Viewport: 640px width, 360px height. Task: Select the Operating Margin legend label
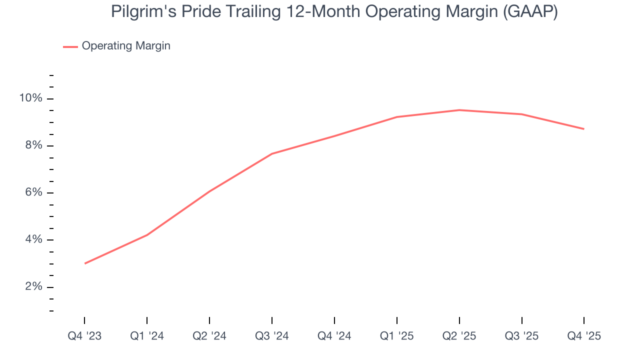point(126,46)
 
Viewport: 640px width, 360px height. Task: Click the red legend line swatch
point(70,46)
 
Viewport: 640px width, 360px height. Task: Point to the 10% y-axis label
point(31,98)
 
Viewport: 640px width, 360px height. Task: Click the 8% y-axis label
point(33,145)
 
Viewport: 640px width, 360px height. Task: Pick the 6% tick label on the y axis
point(33,192)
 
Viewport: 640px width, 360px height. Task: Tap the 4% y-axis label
point(33,239)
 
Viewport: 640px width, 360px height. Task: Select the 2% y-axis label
point(33,286)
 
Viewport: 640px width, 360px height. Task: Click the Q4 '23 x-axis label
point(84,336)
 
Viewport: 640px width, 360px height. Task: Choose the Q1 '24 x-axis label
point(147,336)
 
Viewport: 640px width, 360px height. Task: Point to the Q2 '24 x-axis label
point(209,336)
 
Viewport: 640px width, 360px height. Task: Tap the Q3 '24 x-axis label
point(272,336)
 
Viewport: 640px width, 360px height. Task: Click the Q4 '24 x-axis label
point(334,336)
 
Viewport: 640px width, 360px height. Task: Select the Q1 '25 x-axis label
point(397,336)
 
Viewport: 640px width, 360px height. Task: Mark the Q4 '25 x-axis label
point(584,336)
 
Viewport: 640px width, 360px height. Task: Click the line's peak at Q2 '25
point(459,110)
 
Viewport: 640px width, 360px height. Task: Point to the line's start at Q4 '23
point(85,263)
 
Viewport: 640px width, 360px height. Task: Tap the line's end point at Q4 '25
point(584,129)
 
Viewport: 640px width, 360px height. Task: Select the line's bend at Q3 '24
point(272,153)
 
